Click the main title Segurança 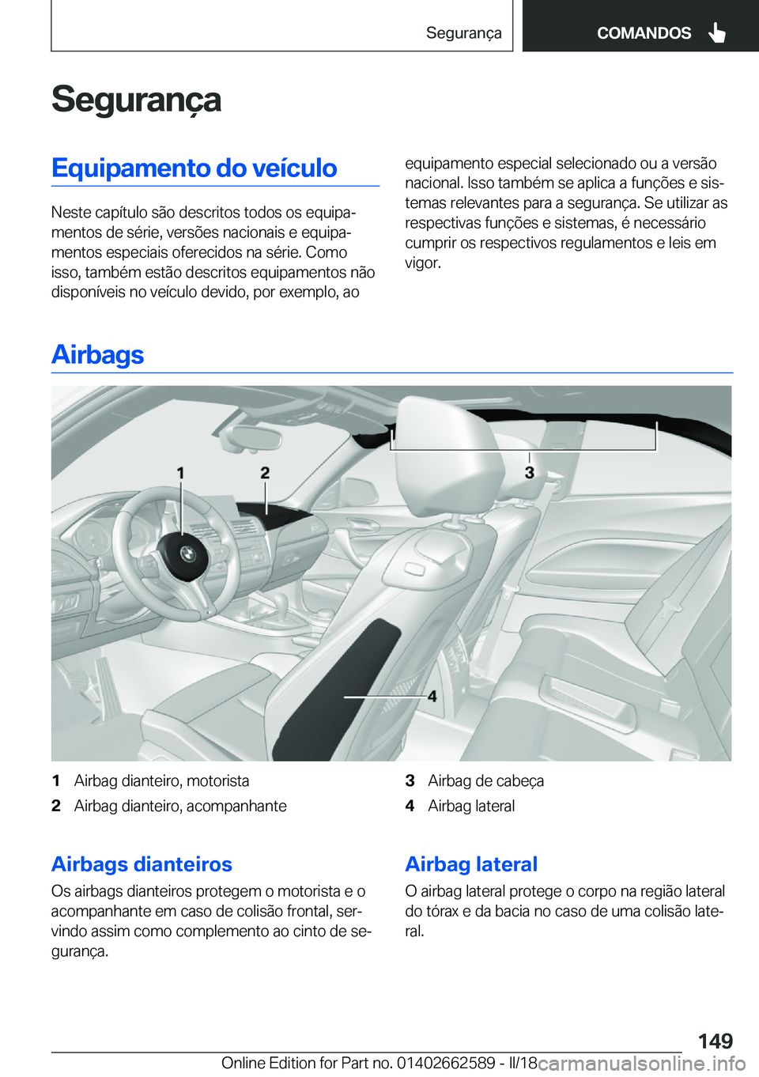(136, 100)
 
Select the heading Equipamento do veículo (194, 168)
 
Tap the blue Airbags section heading (97, 354)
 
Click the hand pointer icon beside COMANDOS (717, 32)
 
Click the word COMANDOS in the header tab (644, 33)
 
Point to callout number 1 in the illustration (180, 473)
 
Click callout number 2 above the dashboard (265, 473)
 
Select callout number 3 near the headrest (529, 473)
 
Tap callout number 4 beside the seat (432, 697)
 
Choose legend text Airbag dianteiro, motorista (161, 781)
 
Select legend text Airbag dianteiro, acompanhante (180, 807)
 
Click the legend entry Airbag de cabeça (485, 781)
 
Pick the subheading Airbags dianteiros (142, 864)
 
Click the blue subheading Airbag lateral (471, 864)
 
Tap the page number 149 (715, 1041)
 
